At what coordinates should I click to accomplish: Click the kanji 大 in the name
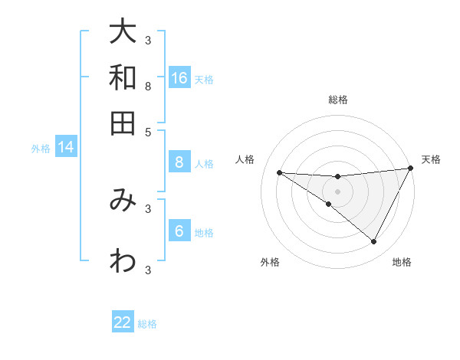pyautogui.click(x=123, y=33)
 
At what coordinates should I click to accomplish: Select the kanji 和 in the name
pyautogui.click(x=123, y=78)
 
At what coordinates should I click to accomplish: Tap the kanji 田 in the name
pyautogui.click(x=123, y=123)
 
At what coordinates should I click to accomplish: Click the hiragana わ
pyautogui.click(x=123, y=262)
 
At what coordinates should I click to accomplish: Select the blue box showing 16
pyautogui.click(x=179, y=78)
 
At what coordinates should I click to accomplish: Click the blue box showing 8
pyautogui.click(x=179, y=162)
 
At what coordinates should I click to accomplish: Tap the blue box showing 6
pyautogui.click(x=179, y=232)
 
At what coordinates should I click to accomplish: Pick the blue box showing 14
pyautogui.click(x=66, y=148)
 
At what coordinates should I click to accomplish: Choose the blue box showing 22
pyautogui.click(x=123, y=322)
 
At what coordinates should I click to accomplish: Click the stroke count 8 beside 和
pyautogui.click(x=148, y=87)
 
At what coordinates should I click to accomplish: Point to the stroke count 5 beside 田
pyautogui.click(x=148, y=131)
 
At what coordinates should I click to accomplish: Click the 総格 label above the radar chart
pyautogui.click(x=338, y=100)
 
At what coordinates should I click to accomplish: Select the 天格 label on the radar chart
pyautogui.click(x=431, y=159)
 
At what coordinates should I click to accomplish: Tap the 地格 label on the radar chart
pyautogui.click(x=402, y=262)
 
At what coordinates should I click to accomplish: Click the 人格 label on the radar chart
pyautogui.click(x=245, y=159)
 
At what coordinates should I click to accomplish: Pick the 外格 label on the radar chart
pyautogui.click(x=270, y=262)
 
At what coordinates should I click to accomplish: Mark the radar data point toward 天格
pyautogui.click(x=411, y=169)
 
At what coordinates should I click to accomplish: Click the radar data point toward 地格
pyautogui.click(x=374, y=242)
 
